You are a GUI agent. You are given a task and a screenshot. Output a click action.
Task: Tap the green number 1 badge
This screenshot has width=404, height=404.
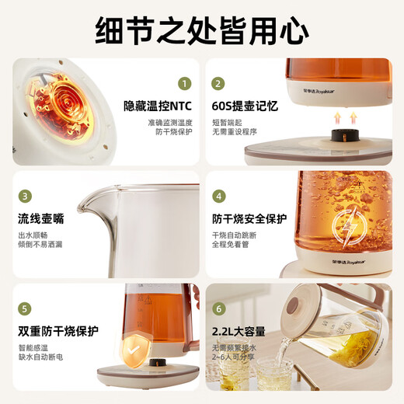184,83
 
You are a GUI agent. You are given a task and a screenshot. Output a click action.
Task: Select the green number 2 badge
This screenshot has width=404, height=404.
218,83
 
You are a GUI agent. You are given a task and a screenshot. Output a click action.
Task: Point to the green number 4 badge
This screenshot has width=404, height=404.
219,196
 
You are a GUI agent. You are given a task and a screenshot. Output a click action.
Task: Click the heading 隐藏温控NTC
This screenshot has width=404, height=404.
157,106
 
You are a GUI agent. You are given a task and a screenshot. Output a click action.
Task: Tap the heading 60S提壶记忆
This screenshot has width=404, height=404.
245,106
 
